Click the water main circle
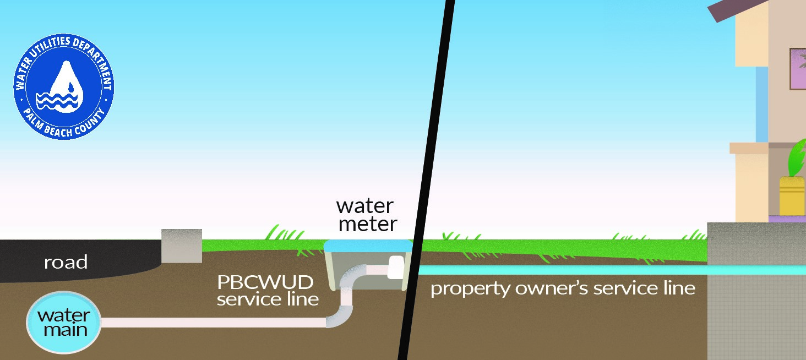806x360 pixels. (x=64, y=323)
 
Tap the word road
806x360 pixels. (x=66, y=263)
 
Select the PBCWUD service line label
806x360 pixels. (x=267, y=291)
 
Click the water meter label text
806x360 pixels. (x=366, y=215)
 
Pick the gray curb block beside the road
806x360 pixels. (x=181, y=246)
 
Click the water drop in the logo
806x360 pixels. (x=64, y=83)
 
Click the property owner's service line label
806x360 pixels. (x=562, y=288)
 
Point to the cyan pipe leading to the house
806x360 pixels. (x=562, y=270)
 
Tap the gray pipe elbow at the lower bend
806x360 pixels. (x=336, y=319)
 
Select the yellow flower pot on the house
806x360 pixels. (x=792, y=195)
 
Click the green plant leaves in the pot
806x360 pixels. (x=796, y=160)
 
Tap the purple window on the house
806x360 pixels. (x=798, y=69)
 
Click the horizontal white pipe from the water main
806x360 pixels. (x=215, y=323)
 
